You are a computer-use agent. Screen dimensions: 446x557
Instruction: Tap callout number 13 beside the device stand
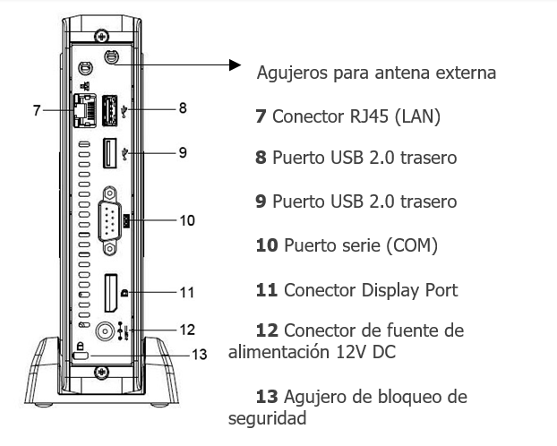coord(200,354)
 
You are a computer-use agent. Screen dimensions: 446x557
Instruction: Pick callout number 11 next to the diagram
coord(185,292)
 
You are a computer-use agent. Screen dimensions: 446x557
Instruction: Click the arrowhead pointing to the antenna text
coord(236,64)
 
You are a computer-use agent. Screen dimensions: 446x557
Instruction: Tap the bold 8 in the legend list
coord(261,158)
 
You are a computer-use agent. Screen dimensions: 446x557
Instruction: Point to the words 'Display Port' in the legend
coord(411,289)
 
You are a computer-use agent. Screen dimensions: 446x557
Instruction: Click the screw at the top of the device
coord(103,36)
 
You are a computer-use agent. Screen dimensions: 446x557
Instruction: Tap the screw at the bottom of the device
coord(103,369)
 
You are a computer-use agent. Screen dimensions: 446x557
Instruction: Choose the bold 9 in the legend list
coord(261,201)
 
